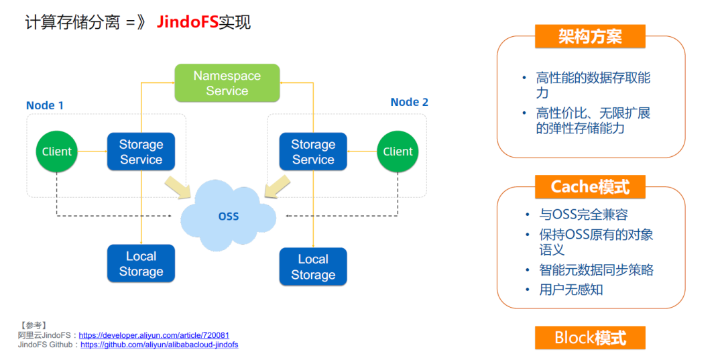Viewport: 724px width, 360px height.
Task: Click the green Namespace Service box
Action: [x=227, y=83]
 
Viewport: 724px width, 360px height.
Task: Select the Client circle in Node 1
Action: [x=57, y=152]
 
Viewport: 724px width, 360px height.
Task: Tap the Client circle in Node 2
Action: [x=398, y=152]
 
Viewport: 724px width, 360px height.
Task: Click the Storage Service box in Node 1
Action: [x=141, y=152]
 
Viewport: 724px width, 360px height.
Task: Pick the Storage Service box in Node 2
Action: [x=313, y=152]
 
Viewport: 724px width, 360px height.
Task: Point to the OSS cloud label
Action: [x=229, y=216]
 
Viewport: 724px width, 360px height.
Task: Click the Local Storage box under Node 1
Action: [x=141, y=263]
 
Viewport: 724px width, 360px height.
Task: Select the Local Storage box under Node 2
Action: [x=313, y=267]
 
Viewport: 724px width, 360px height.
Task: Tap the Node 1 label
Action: [x=45, y=105]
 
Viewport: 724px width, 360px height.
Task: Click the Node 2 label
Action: [x=410, y=102]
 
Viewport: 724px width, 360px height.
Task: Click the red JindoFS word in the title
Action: [x=187, y=22]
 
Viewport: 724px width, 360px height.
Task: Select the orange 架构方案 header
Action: [x=590, y=36]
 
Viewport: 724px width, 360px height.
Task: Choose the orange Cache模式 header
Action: [x=590, y=187]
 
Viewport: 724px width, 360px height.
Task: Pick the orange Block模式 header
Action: [x=590, y=338]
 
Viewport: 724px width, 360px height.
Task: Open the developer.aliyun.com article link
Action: [x=154, y=336]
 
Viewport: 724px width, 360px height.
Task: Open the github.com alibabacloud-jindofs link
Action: [x=160, y=345]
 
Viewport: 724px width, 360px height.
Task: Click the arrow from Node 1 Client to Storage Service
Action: [x=93, y=152]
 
